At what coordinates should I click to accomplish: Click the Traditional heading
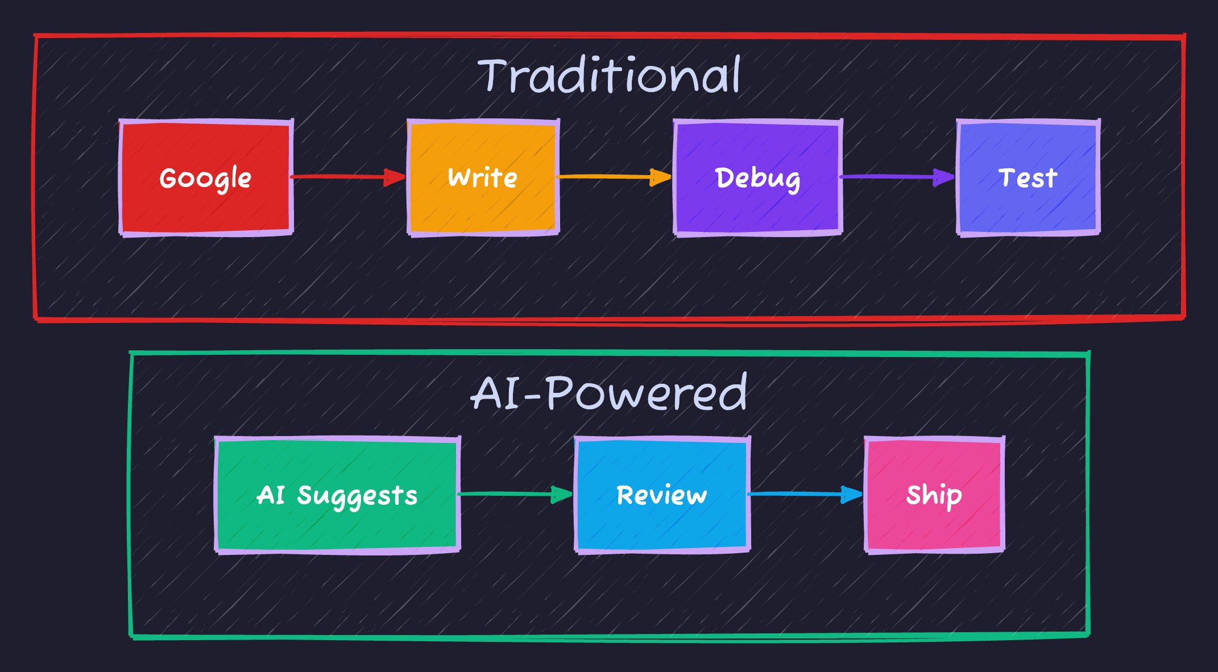pos(609,76)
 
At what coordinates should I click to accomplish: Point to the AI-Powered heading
pos(609,393)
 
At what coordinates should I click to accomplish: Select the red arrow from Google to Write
pos(341,177)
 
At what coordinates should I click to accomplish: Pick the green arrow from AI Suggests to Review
pos(506,494)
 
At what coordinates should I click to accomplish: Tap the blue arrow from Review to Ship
pos(796,494)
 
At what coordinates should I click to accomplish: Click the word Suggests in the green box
pos(357,496)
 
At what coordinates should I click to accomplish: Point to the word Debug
pos(757,179)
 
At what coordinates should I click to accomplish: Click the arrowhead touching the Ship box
pos(852,494)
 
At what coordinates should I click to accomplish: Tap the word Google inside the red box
pos(206,179)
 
